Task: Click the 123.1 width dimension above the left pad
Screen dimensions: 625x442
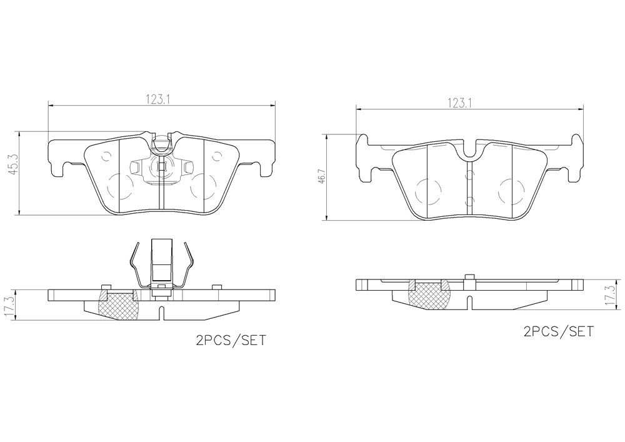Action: [x=158, y=99]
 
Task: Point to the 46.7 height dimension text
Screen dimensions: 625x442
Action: [x=322, y=177]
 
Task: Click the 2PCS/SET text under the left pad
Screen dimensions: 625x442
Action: [x=230, y=341]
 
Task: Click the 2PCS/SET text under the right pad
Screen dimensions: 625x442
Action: [x=558, y=331]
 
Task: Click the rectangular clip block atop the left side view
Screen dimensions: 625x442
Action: [x=162, y=260]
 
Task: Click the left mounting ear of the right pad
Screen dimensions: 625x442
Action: [x=364, y=159]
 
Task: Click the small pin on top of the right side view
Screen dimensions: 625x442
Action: [x=471, y=278]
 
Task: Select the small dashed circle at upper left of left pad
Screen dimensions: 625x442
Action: [x=106, y=157]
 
